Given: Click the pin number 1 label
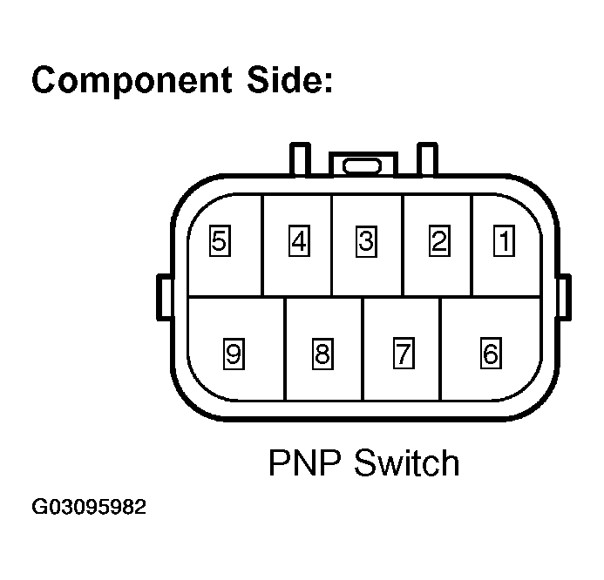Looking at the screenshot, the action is click(504, 241).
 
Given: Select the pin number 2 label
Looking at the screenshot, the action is click(439, 241).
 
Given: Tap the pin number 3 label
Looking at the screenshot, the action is click(366, 242).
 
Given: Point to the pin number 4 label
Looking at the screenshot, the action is click(299, 241).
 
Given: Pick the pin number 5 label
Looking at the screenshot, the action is click(220, 241).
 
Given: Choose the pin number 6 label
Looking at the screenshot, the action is click(491, 353).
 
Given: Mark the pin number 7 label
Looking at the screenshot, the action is click(404, 353).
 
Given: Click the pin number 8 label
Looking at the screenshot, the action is click(322, 354).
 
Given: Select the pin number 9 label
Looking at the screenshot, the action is click(234, 354).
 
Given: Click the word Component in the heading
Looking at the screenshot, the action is click(132, 81).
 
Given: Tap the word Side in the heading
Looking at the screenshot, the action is click(284, 79).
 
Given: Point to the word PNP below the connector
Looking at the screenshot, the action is click(305, 462).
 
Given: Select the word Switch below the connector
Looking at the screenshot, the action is click(407, 462).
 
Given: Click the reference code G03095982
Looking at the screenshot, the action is click(89, 507).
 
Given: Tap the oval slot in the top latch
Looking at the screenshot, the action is click(362, 166).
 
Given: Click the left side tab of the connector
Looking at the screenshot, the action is click(165, 297).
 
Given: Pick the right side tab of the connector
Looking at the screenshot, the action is click(565, 297).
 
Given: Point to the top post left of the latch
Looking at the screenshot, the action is click(300, 159).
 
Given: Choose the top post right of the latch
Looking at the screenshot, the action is click(428, 159).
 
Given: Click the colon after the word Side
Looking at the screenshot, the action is click(329, 82).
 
